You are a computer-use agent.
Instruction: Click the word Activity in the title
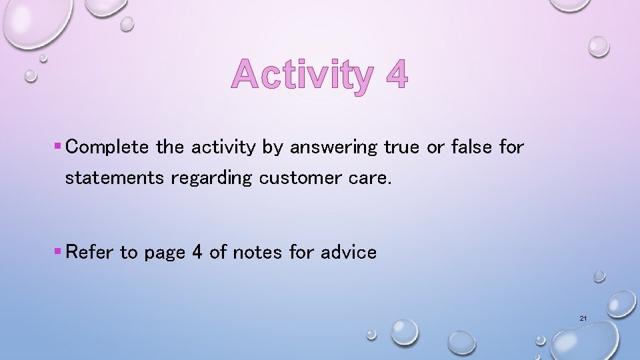(x=303, y=75)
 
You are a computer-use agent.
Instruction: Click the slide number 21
(x=583, y=319)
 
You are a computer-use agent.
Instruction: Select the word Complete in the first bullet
(x=107, y=147)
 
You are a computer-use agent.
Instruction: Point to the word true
(x=401, y=147)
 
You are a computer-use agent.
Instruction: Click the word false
(x=471, y=147)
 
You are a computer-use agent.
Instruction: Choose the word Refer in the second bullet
(x=91, y=252)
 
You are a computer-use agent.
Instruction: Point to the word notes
(x=257, y=252)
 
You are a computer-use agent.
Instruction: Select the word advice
(x=349, y=252)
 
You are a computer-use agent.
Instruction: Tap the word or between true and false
(x=435, y=147)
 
